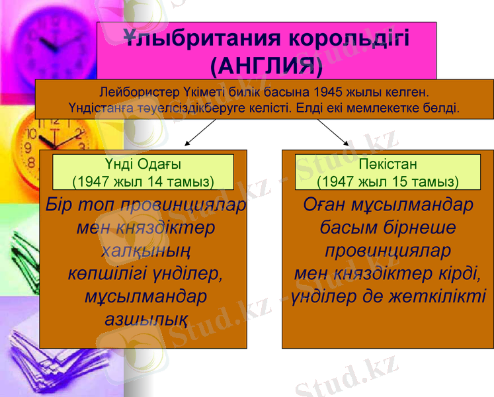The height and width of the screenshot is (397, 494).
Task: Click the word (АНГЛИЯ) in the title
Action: (267, 65)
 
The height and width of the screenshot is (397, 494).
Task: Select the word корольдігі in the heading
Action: (350, 38)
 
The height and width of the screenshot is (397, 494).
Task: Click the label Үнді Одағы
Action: (143, 165)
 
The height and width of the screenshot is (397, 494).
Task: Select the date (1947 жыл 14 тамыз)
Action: (143, 181)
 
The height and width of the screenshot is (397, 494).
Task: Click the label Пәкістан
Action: (388, 165)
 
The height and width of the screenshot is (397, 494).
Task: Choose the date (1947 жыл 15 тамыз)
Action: (388, 181)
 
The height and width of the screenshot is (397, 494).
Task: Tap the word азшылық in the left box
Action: (145, 319)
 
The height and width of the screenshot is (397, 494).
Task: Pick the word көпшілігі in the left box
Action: (108, 273)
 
